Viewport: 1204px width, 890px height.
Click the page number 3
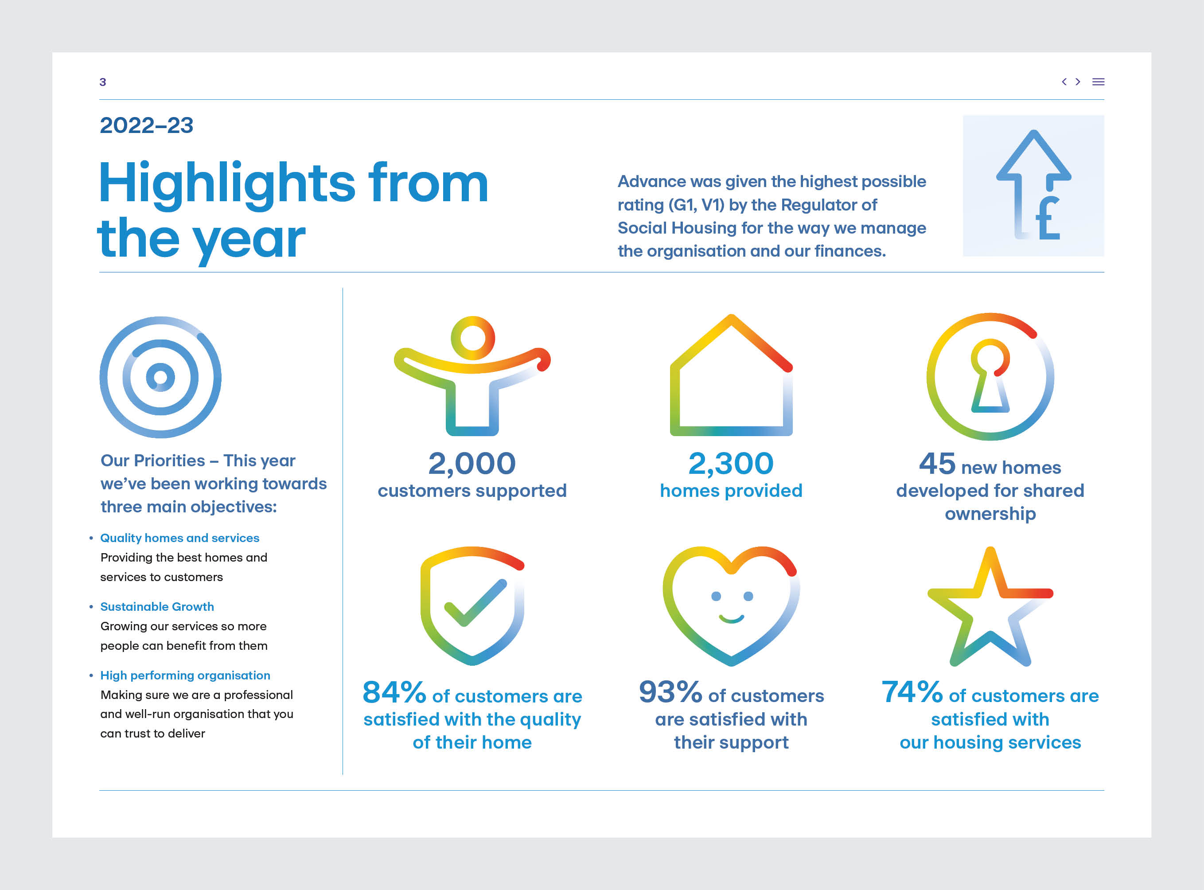[x=103, y=82]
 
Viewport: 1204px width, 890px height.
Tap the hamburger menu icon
[x=1098, y=82]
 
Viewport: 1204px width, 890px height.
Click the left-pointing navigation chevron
[x=1064, y=82]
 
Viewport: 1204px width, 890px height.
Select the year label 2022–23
[x=147, y=125]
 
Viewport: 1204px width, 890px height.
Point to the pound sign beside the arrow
[x=1048, y=219]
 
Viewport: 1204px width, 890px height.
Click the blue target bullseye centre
[x=160, y=377]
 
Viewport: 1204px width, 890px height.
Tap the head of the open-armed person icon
[x=472, y=338]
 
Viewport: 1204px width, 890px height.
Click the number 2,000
[x=472, y=463]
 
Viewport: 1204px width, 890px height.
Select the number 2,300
[x=731, y=463]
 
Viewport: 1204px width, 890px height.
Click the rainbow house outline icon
[x=731, y=377]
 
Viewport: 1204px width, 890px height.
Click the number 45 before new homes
[x=937, y=463]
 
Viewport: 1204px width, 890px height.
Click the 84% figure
[x=394, y=692]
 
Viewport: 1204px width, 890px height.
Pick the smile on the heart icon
[x=732, y=618]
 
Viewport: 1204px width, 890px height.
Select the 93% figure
[x=670, y=692]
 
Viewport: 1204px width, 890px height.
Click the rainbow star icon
[x=990, y=609]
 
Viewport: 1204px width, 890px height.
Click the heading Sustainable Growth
[x=157, y=607]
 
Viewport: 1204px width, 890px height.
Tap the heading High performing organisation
[x=185, y=675]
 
